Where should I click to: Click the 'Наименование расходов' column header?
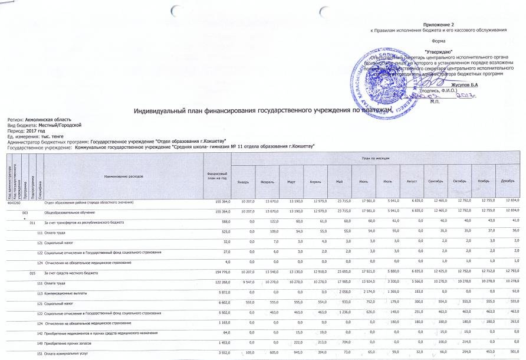click(x=124, y=176)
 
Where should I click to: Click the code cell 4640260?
click(x=13, y=202)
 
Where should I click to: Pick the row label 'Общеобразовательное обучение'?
click(x=71, y=211)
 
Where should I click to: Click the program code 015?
click(x=34, y=274)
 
